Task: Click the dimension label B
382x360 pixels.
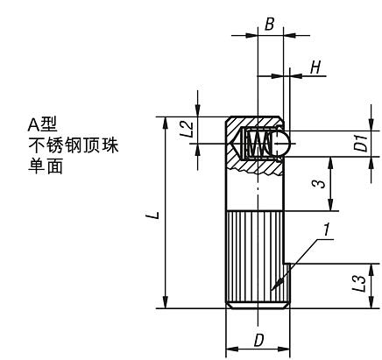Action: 269,25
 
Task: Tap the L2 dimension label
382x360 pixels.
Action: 186,130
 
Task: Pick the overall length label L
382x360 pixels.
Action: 154,215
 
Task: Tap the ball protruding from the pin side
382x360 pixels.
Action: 281,143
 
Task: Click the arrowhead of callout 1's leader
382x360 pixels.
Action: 272,289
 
